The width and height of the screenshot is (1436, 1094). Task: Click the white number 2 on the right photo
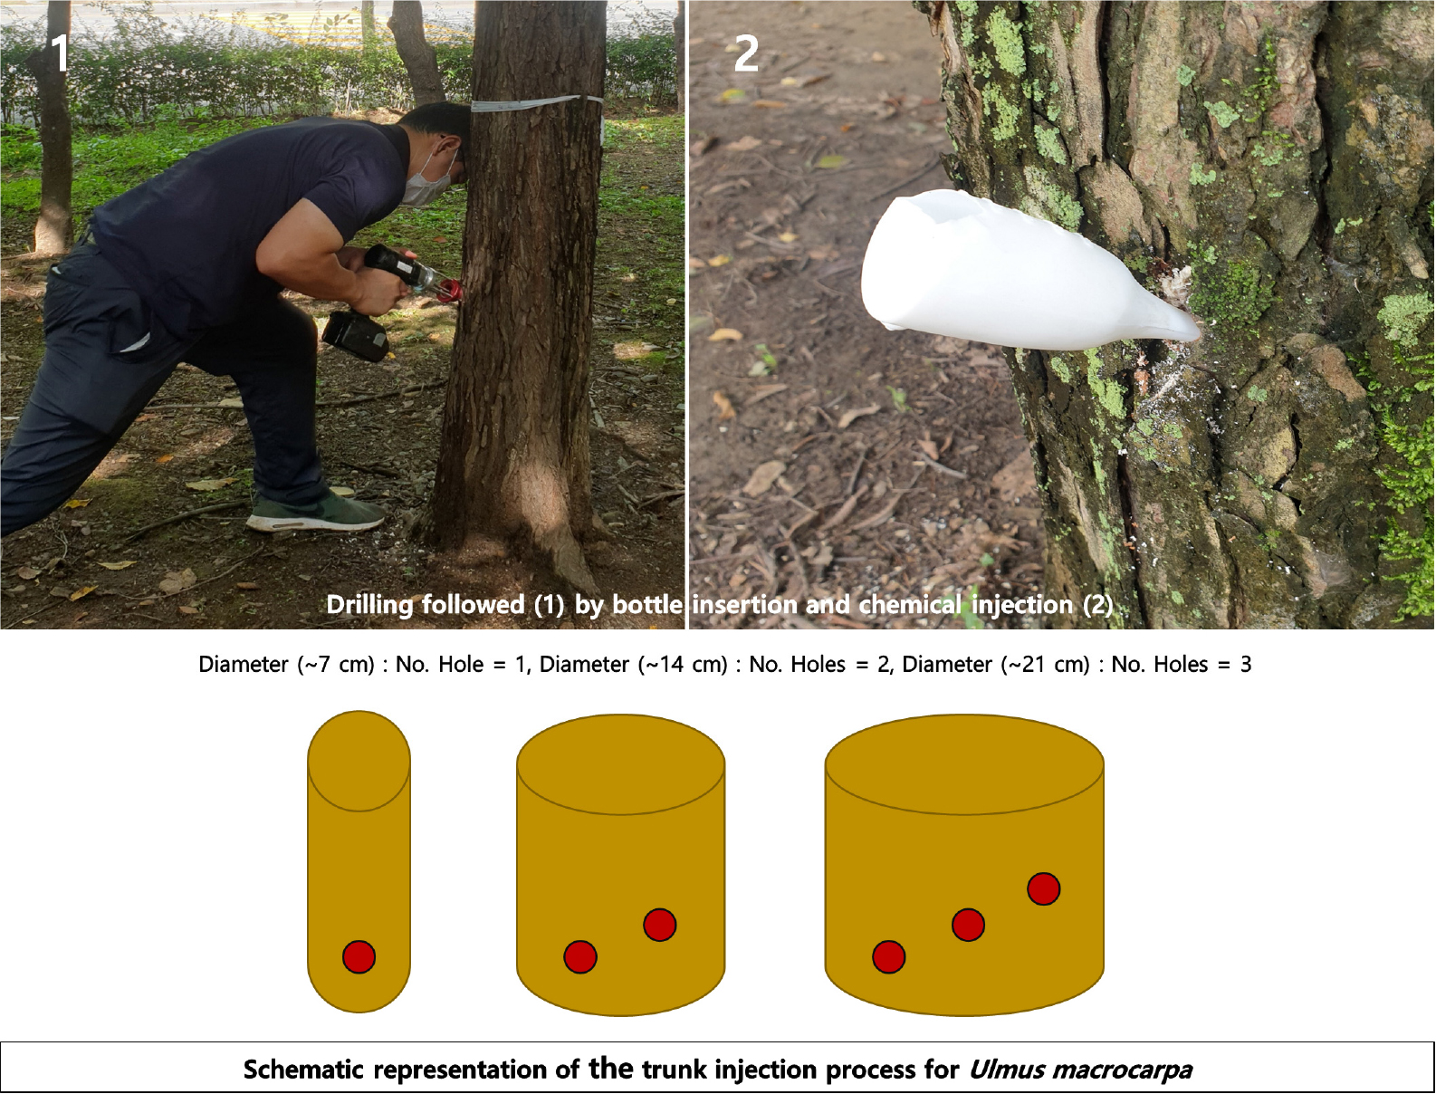tap(746, 53)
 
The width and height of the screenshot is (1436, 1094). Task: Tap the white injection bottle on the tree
tap(1027, 270)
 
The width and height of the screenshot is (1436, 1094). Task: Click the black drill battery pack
tap(355, 336)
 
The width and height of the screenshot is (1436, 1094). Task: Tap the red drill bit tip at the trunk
tap(449, 292)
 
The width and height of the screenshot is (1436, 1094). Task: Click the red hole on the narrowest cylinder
tap(359, 957)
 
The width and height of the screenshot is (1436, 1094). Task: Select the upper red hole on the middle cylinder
tap(659, 925)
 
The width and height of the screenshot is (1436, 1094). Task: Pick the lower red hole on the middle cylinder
tap(580, 957)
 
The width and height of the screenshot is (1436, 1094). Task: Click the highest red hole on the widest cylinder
tap(1043, 888)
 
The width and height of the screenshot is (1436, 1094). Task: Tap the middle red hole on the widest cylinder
tap(968, 925)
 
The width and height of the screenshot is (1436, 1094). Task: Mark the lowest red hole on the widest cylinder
tap(888, 957)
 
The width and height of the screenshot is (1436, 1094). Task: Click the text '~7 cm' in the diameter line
tap(336, 665)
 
